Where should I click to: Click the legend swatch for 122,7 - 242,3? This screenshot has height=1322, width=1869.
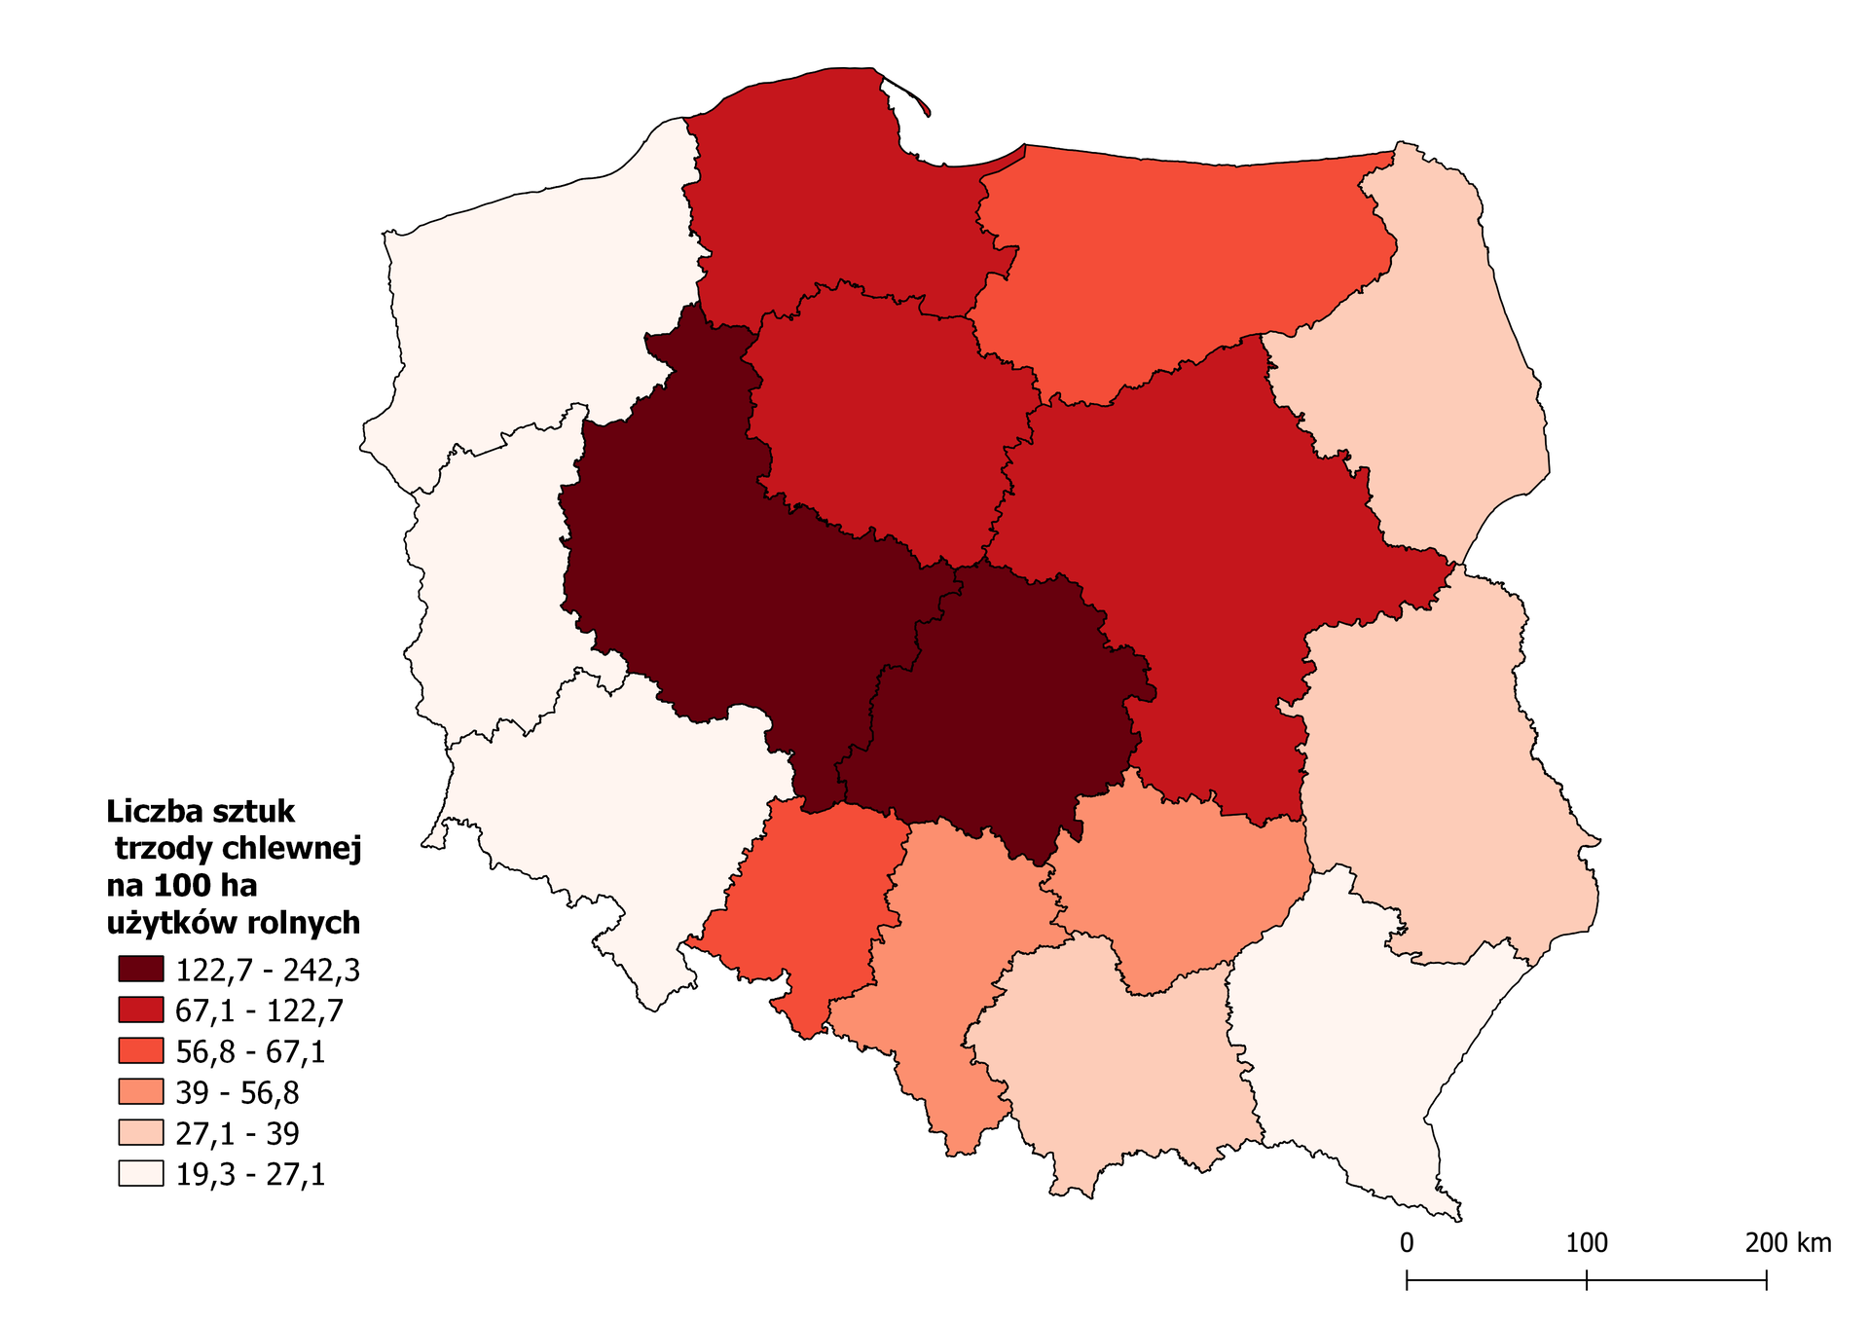click(140, 969)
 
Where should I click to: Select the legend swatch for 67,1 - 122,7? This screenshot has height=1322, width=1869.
click(140, 1010)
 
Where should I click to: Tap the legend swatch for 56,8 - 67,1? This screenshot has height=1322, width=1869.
click(140, 1050)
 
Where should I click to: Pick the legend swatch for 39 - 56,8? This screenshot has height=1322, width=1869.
click(140, 1091)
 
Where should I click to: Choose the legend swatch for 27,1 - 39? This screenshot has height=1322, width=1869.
click(140, 1132)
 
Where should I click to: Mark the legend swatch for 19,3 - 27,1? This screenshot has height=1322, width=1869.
click(140, 1173)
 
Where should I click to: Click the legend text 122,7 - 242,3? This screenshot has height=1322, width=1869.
click(268, 970)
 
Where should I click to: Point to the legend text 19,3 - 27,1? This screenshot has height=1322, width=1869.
click(250, 1174)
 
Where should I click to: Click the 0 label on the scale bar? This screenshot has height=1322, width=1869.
click(1407, 1243)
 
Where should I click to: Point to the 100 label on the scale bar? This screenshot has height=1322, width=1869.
click(1586, 1243)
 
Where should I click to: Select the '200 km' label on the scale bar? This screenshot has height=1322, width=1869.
click(1787, 1243)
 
